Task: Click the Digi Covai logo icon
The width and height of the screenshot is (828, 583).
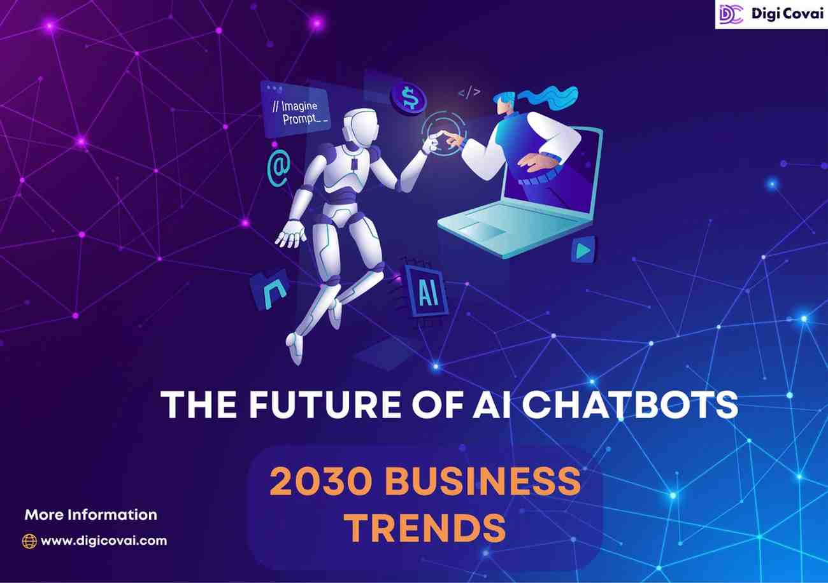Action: click(x=731, y=13)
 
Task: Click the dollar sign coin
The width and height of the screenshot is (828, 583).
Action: click(x=409, y=99)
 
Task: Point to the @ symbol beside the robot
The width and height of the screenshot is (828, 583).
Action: click(x=278, y=166)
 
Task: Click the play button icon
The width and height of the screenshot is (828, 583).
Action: click(x=582, y=250)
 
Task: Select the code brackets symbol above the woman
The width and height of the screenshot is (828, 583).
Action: click(x=469, y=93)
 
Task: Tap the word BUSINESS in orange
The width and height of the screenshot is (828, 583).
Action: click(x=482, y=482)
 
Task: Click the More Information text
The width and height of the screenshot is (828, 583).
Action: click(x=90, y=514)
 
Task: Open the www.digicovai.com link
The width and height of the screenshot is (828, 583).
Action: click(x=104, y=541)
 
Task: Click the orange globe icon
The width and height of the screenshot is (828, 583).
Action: click(x=29, y=541)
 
